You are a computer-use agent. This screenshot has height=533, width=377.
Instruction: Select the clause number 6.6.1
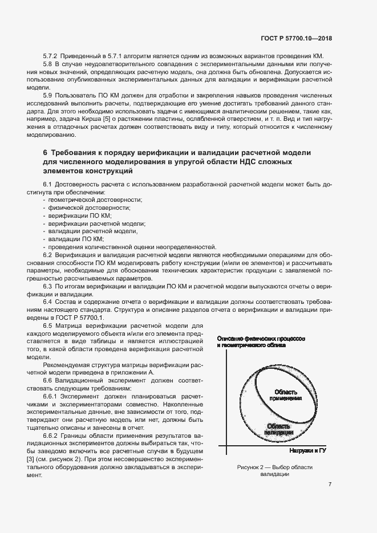52,409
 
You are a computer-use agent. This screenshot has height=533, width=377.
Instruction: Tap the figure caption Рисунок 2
272,468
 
